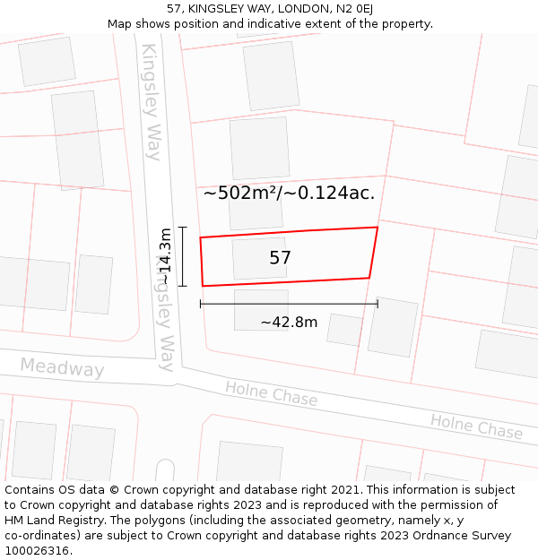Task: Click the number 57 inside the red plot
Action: pos(281,258)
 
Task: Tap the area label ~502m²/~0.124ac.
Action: pos(289,192)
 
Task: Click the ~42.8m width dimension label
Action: pos(289,323)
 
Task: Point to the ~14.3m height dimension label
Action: pos(165,256)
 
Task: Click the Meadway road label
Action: pos(62,367)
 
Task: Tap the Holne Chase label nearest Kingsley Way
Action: pos(272,392)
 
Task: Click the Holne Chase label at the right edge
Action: pos(476,426)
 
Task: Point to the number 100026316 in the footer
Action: pos(37,551)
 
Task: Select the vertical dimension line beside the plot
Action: pos(183,256)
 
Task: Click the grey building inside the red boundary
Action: pos(259,258)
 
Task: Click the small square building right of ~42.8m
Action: pos(344,329)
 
